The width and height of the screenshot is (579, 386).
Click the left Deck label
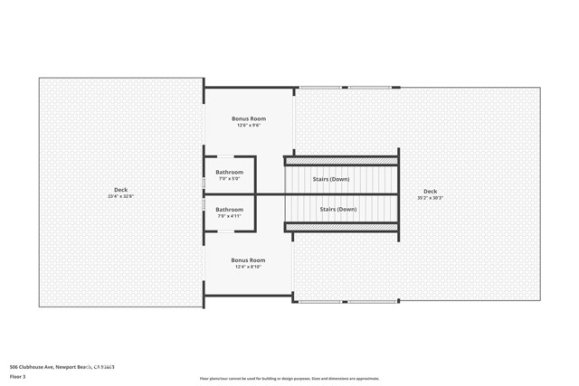coord(120,190)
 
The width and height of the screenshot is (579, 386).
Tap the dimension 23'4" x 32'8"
coord(120,196)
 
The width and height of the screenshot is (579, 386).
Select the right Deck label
coord(430,191)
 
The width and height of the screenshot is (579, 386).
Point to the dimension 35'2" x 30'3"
coord(430,197)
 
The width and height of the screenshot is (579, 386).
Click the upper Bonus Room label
coord(248,118)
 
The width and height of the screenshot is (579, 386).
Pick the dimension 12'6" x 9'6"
coord(248,125)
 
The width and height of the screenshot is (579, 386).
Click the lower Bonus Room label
coord(248,260)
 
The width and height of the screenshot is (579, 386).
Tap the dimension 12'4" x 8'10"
coord(248,267)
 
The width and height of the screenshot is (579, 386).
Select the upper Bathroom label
coord(229,172)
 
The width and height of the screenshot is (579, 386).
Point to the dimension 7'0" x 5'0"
coord(229,178)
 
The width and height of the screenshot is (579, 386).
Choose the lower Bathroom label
coord(229,210)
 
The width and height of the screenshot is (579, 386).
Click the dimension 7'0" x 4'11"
coord(229,216)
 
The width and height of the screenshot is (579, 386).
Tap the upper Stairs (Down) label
coord(331,179)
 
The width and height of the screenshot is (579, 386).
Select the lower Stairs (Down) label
coord(338,209)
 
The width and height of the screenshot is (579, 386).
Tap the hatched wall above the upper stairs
coord(341,161)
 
